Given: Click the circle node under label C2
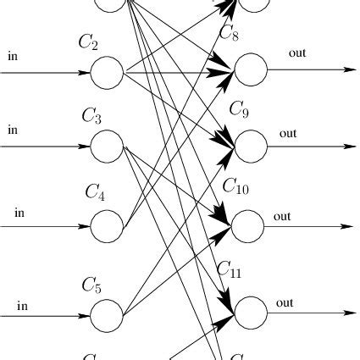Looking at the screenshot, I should tap(107, 73).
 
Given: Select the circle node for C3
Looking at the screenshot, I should tap(107, 146).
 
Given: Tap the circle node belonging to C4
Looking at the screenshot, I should tap(107, 226).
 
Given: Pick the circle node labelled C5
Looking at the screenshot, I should tap(107, 317).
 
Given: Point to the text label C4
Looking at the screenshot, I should tap(94, 191).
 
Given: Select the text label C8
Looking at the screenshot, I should tap(229, 33).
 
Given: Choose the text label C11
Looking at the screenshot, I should tap(230, 269).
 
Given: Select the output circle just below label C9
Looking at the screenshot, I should tap(250, 146).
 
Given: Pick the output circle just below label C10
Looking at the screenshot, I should tap(248, 226).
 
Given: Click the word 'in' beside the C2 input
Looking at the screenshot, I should tap(13, 57).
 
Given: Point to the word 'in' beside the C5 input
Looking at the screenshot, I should tap(23, 305).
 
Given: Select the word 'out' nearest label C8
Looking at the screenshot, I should tap(297, 53).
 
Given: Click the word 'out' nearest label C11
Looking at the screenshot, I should tap(285, 302).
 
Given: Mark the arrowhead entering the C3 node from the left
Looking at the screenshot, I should tap(83, 146).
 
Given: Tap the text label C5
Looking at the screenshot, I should tap(91, 285).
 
